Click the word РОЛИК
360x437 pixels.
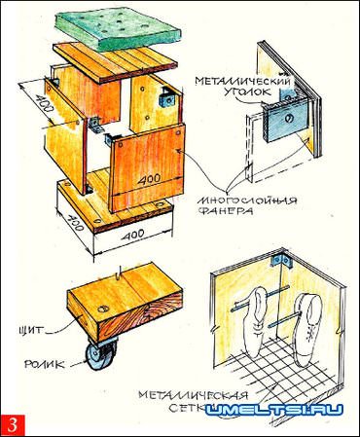[46, 364]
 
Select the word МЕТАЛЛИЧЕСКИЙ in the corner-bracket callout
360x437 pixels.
[242, 80]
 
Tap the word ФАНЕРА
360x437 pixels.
[225, 211]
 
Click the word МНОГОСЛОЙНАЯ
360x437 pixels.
[247, 200]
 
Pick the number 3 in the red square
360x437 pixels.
[13, 425]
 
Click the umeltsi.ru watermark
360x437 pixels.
[274, 410]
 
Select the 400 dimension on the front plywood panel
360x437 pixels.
[149, 178]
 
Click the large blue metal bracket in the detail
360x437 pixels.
[283, 120]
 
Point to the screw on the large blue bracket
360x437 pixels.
[289, 119]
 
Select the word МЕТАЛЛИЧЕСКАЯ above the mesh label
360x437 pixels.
[194, 395]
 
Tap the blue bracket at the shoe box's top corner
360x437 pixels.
[281, 262]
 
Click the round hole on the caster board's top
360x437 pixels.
[103, 309]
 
